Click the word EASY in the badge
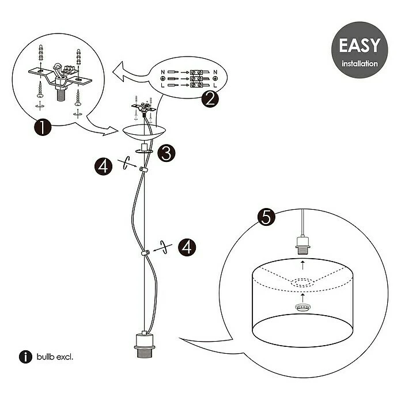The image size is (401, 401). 359,46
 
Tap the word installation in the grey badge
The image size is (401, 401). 359,63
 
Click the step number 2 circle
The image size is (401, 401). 210,99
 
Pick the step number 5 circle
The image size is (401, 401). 266,217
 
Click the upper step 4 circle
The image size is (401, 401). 103,167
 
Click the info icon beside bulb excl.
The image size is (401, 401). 25,357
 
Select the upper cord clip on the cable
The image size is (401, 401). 142,169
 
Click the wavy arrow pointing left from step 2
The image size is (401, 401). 133,73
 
